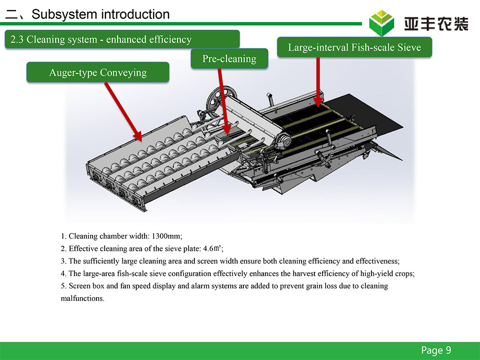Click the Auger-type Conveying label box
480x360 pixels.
(97, 72)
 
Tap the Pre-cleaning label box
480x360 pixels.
(229, 59)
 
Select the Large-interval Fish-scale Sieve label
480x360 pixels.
(355, 47)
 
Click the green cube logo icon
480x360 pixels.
(382, 23)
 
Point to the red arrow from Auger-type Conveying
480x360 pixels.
(123, 111)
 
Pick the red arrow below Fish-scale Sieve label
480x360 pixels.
(318, 82)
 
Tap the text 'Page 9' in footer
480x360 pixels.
(436, 350)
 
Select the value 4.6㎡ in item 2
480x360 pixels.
(212, 248)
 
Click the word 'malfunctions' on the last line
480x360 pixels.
(82, 298)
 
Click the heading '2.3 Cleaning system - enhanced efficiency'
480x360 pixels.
(101, 39)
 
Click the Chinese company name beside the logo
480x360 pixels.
(436, 24)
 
